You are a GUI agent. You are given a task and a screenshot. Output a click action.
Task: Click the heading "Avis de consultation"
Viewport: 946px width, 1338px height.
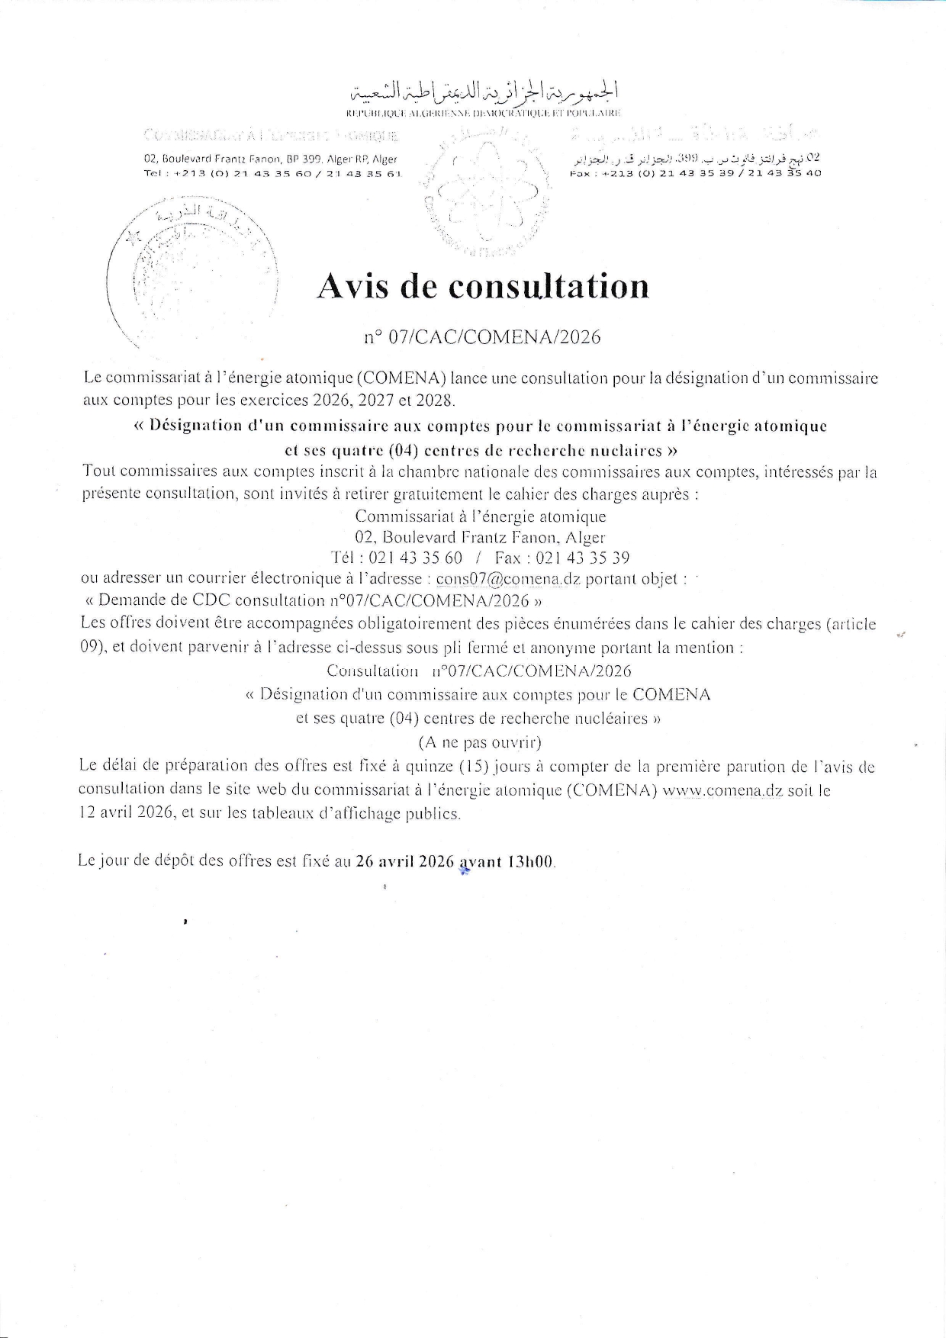(x=482, y=286)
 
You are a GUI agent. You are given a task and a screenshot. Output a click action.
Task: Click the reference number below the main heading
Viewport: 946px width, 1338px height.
(x=482, y=336)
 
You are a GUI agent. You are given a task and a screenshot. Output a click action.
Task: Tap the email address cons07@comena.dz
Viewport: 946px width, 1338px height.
(x=508, y=579)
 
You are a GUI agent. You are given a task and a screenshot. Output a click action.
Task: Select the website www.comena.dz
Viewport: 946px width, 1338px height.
(x=722, y=790)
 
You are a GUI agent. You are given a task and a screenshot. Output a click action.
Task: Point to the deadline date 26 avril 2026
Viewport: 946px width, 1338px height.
(x=405, y=861)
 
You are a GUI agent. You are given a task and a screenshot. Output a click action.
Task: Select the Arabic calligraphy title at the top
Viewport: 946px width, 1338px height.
(x=484, y=91)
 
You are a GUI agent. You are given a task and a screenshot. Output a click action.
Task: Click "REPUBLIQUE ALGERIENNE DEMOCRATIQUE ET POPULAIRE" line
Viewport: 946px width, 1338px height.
(x=484, y=113)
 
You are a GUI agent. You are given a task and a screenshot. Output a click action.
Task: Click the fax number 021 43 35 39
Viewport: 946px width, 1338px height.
(x=582, y=558)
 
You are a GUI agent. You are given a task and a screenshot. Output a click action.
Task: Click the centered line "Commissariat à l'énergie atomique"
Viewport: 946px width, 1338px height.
(x=481, y=516)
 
